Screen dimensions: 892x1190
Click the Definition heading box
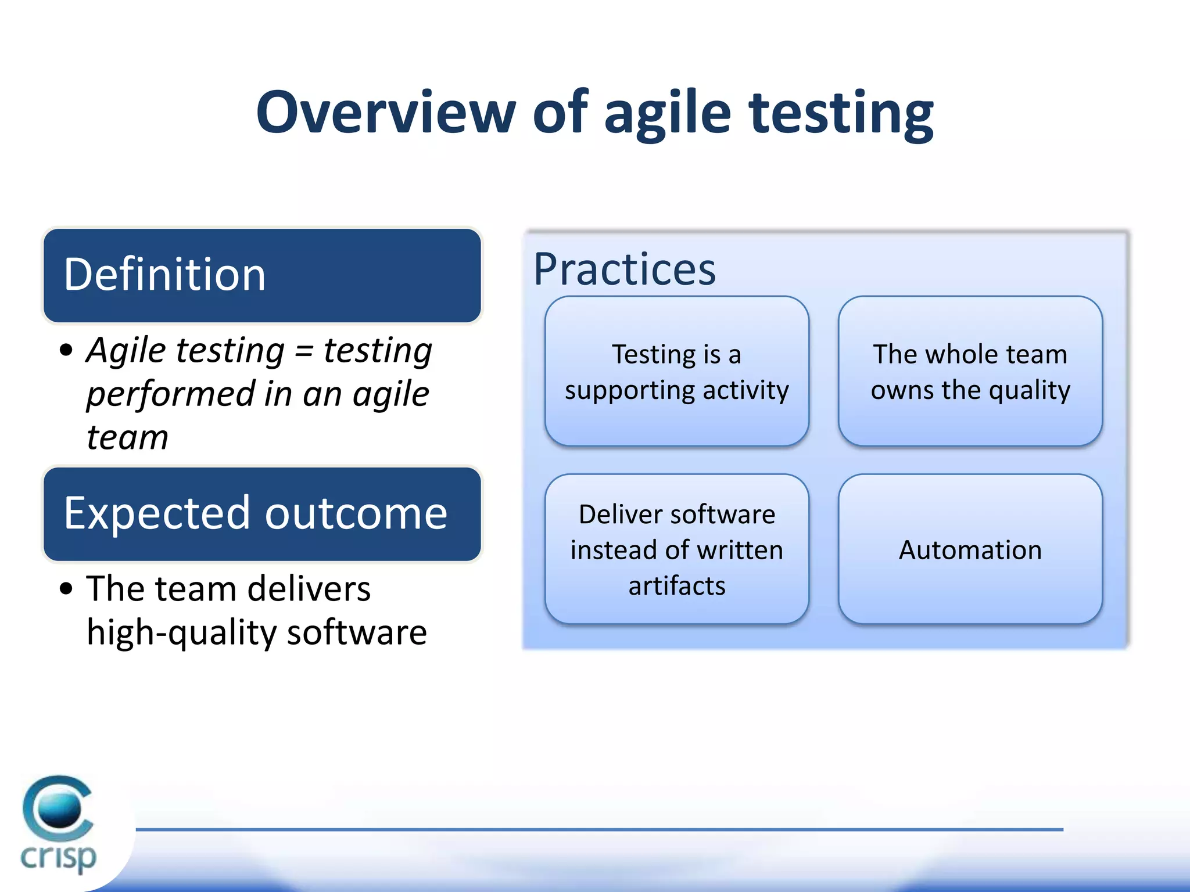262,275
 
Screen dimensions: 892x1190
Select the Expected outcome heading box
262,514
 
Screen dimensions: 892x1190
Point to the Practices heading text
625,269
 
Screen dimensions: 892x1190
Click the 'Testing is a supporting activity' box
676,372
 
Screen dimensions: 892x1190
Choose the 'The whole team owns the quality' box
970,372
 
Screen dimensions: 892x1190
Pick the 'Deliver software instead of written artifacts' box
676,549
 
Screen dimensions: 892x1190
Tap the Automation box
970,549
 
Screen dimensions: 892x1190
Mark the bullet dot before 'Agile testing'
67,350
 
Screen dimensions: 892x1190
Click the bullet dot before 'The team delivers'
67,588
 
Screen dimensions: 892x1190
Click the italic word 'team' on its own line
127,438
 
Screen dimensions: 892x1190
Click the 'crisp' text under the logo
58,857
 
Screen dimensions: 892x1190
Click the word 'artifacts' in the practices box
676,585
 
